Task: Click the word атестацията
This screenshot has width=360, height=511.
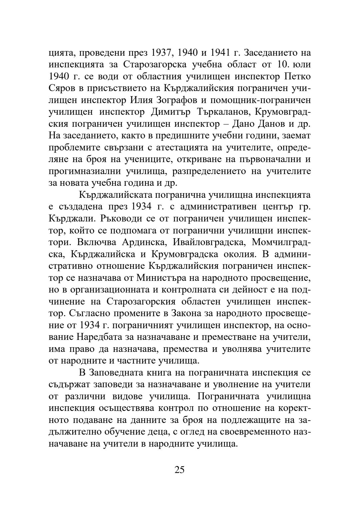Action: tap(187, 147)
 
